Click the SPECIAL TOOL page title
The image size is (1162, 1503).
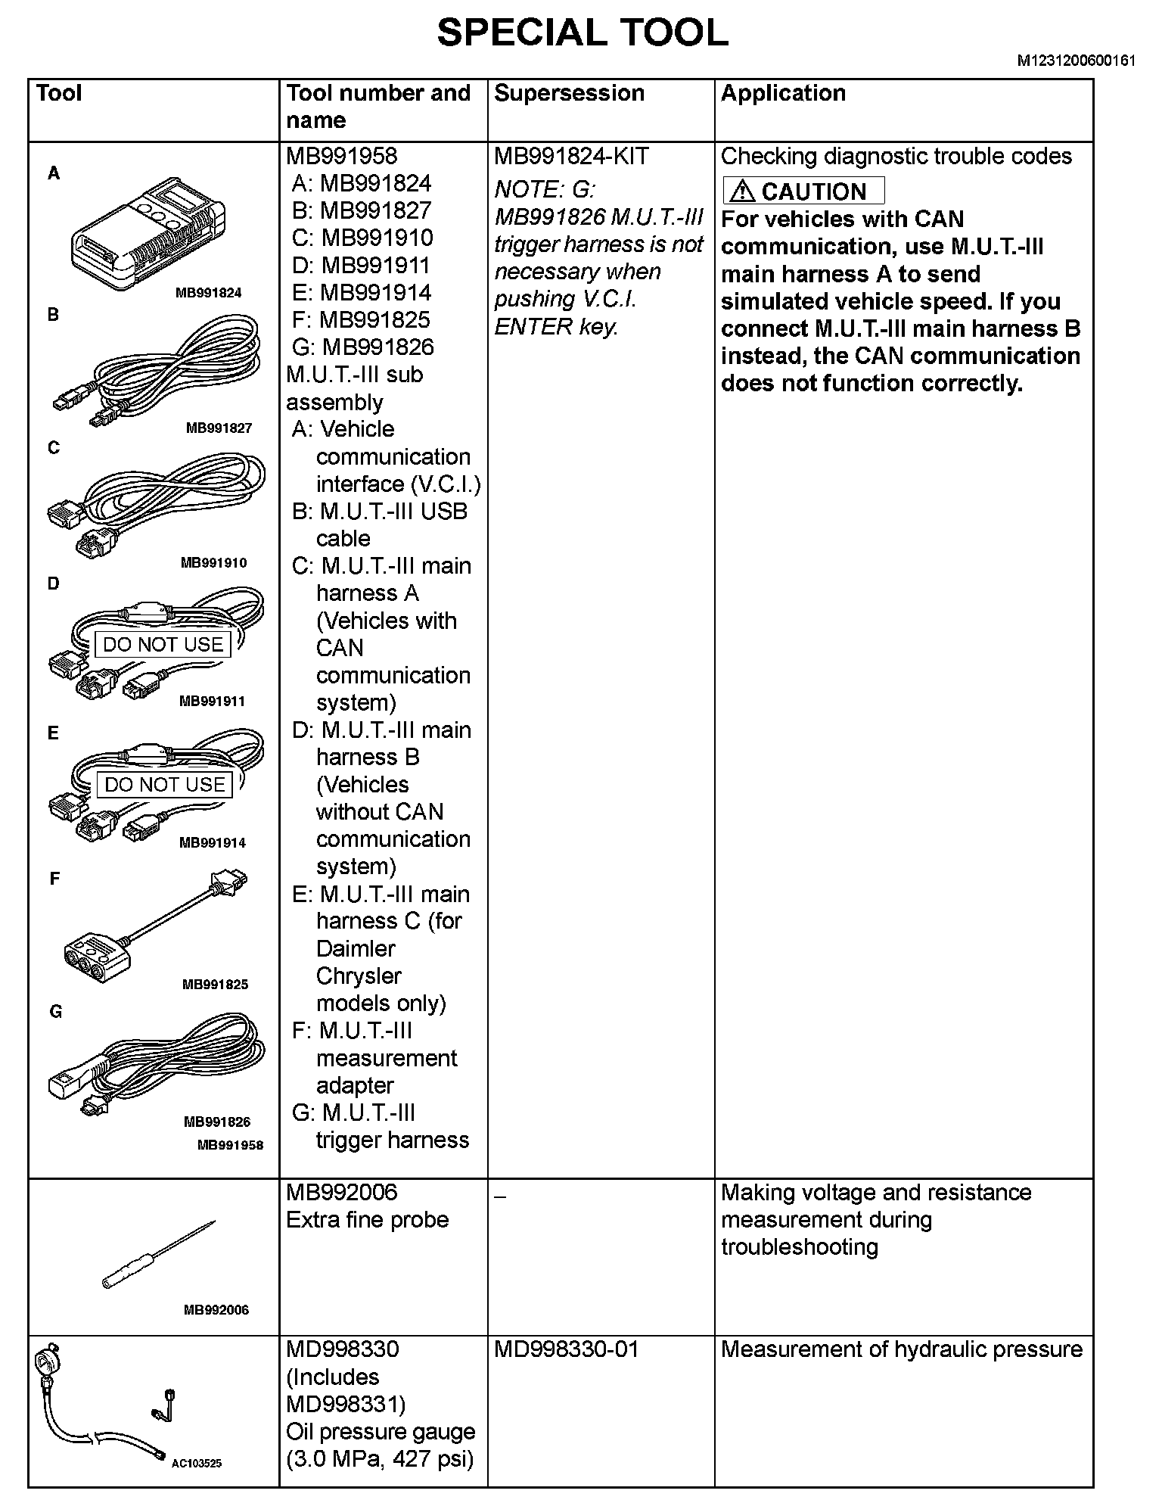(x=583, y=33)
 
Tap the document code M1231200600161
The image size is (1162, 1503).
(x=1075, y=62)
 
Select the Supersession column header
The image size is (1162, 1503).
(x=569, y=93)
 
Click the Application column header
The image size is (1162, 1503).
(x=783, y=93)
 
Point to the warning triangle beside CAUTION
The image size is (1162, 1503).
(x=743, y=191)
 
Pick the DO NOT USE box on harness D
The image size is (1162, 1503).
(x=163, y=645)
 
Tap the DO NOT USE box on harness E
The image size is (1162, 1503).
(x=165, y=785)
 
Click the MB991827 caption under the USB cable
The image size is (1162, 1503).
(x=219, y=428)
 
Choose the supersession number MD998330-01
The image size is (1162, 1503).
(x=566, y=1350)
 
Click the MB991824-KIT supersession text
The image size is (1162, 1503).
(x=571, y=157)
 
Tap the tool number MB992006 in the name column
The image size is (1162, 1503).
(x=341, y=1193)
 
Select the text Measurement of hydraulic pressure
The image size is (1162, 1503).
(x=902, y=1350)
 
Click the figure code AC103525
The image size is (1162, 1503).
(x=196, y=1464)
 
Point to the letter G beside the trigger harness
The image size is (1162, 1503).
(x=55, y=1012)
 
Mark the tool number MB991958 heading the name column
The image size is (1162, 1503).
(x=341, y=157)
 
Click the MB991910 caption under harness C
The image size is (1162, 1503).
(x=213, y=563)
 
